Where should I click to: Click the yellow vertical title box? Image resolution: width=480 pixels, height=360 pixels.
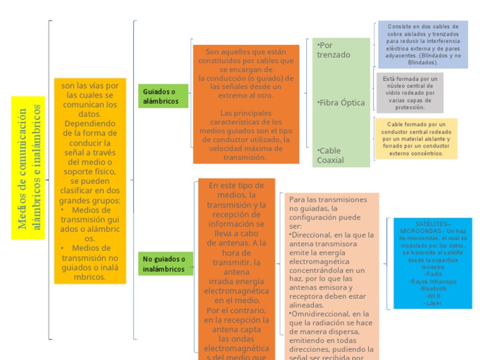click(x=29, y=167)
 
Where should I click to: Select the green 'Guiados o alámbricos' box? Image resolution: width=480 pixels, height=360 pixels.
click(x=162, y=96)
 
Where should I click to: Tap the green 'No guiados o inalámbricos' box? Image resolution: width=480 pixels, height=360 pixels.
click(x=165, y=264)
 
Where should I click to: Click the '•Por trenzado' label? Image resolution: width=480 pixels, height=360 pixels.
click(x=334, y=50)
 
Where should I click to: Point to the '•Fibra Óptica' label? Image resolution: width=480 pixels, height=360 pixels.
click(x=341, y=102)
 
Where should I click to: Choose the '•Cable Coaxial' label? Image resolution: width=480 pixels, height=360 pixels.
click(x=331, y=155)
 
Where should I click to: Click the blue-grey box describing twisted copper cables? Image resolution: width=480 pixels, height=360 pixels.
click(x=422, y=44)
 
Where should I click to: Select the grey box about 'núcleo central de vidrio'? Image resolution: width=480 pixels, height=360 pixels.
click(x=410, y=93)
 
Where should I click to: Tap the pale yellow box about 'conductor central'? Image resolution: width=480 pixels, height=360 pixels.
click(x=416, y=139)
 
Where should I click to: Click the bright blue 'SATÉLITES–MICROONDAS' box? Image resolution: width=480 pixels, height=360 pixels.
click(x=432, y=262)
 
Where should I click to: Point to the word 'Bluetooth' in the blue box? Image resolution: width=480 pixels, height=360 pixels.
click(x=434, y=289)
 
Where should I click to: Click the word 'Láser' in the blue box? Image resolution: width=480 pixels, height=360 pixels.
click(x=433, y=303)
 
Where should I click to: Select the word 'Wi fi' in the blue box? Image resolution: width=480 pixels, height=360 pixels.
click(x=433, y=296)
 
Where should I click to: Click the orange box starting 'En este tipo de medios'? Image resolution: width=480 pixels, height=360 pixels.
click(x=236, y=269)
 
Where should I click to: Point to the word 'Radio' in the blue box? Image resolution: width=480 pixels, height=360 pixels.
click(x=433, y=274)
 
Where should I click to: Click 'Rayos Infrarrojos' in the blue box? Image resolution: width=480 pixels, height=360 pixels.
click(x=433, y=282)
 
